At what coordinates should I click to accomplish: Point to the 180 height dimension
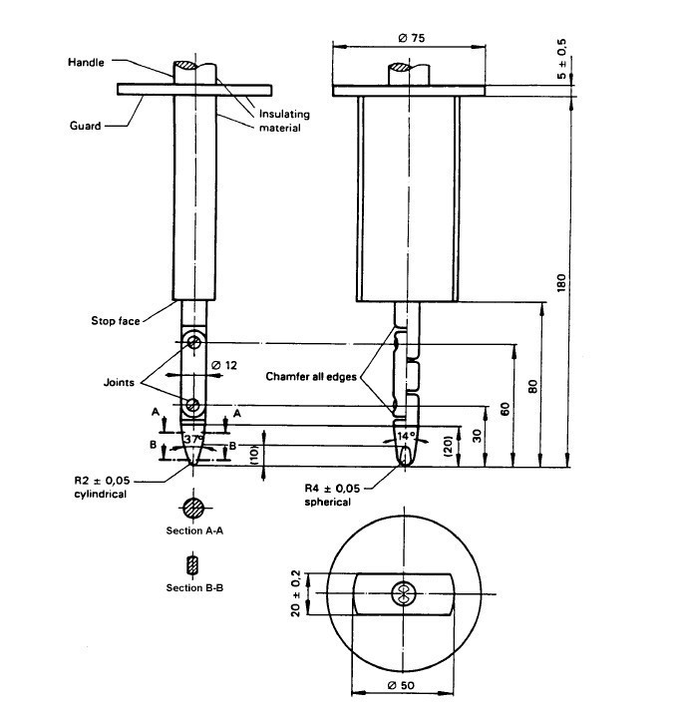(560, 282)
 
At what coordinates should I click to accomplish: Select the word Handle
(85, 62)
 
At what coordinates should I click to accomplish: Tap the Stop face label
(112, 320)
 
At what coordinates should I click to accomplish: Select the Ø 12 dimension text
(225, 365)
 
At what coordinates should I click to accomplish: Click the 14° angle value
(407, 436)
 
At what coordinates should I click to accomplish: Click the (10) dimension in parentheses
(255, 451)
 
